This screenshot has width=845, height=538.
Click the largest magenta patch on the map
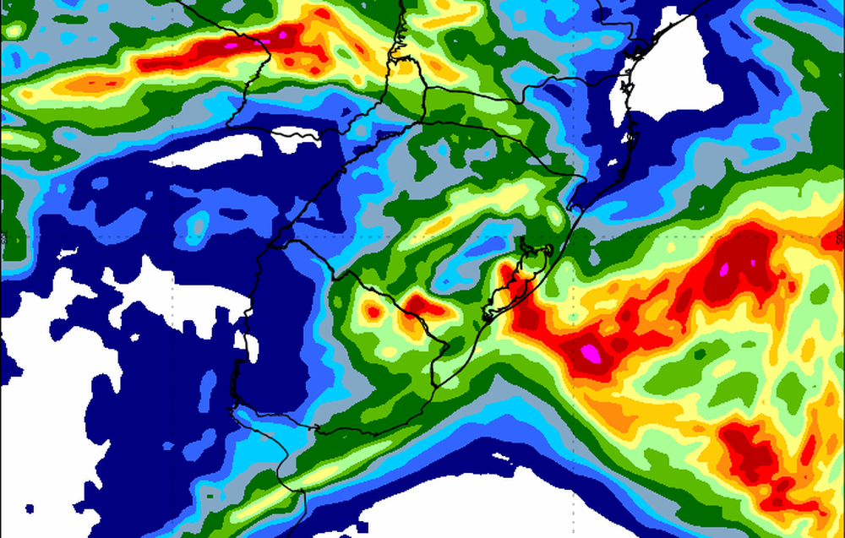[595, 351]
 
